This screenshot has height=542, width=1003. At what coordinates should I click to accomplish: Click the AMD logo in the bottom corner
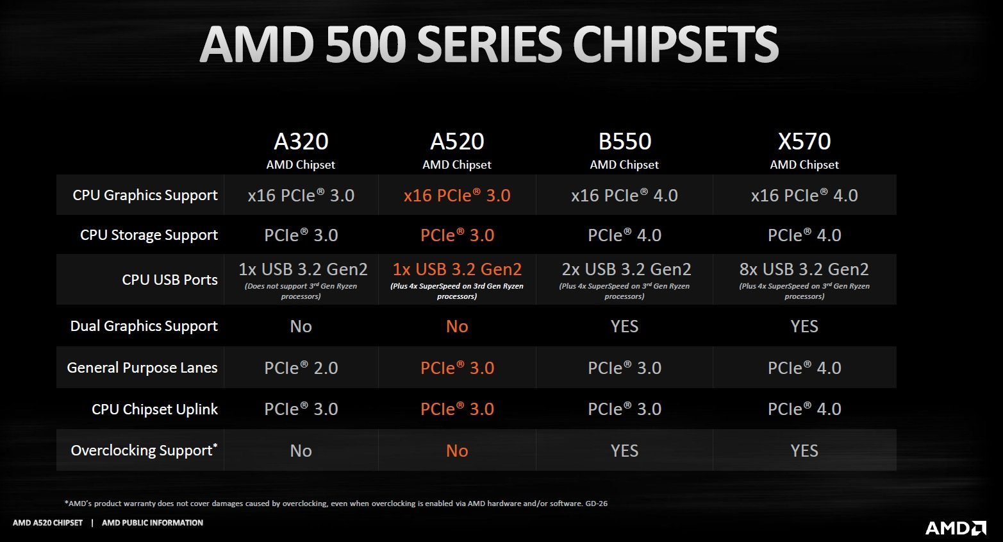(955, 527)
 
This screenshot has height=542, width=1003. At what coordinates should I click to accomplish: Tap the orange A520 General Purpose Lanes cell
(457, 368)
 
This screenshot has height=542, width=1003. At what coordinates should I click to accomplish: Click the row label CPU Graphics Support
(145, 195)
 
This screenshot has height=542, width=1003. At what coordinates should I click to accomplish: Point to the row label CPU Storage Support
(149, 235)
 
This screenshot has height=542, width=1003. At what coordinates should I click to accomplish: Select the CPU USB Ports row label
(170, 280)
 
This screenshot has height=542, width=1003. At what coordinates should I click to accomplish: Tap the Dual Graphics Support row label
(144, 326)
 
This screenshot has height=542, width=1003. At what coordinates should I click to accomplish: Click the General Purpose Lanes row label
(142, 368)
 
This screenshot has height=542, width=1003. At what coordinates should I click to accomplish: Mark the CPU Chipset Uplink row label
(154, 409)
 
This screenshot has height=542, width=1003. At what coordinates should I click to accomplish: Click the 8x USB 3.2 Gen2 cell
(804, 269)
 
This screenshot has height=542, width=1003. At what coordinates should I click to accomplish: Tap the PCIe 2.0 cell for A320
(301, 368)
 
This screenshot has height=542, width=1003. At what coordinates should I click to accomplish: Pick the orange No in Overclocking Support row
(457, 451)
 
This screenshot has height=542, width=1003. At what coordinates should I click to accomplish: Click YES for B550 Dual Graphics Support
(624, 326)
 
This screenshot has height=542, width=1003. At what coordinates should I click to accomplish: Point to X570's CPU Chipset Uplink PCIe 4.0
(804, 409)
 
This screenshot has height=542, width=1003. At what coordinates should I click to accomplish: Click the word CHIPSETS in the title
(676, 45)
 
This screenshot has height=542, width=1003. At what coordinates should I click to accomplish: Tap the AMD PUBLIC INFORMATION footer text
(153, 523)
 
